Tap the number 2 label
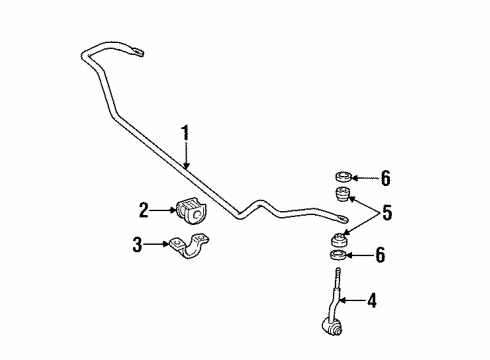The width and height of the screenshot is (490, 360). coord(144,209)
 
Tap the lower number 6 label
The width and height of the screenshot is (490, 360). coord(380,257)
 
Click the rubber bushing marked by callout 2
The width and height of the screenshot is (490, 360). coord(189,210)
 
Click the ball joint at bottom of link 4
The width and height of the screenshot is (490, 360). coord(333,326)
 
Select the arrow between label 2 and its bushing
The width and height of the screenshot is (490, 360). coord(162,209)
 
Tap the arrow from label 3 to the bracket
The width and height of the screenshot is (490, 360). coord(158,244)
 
